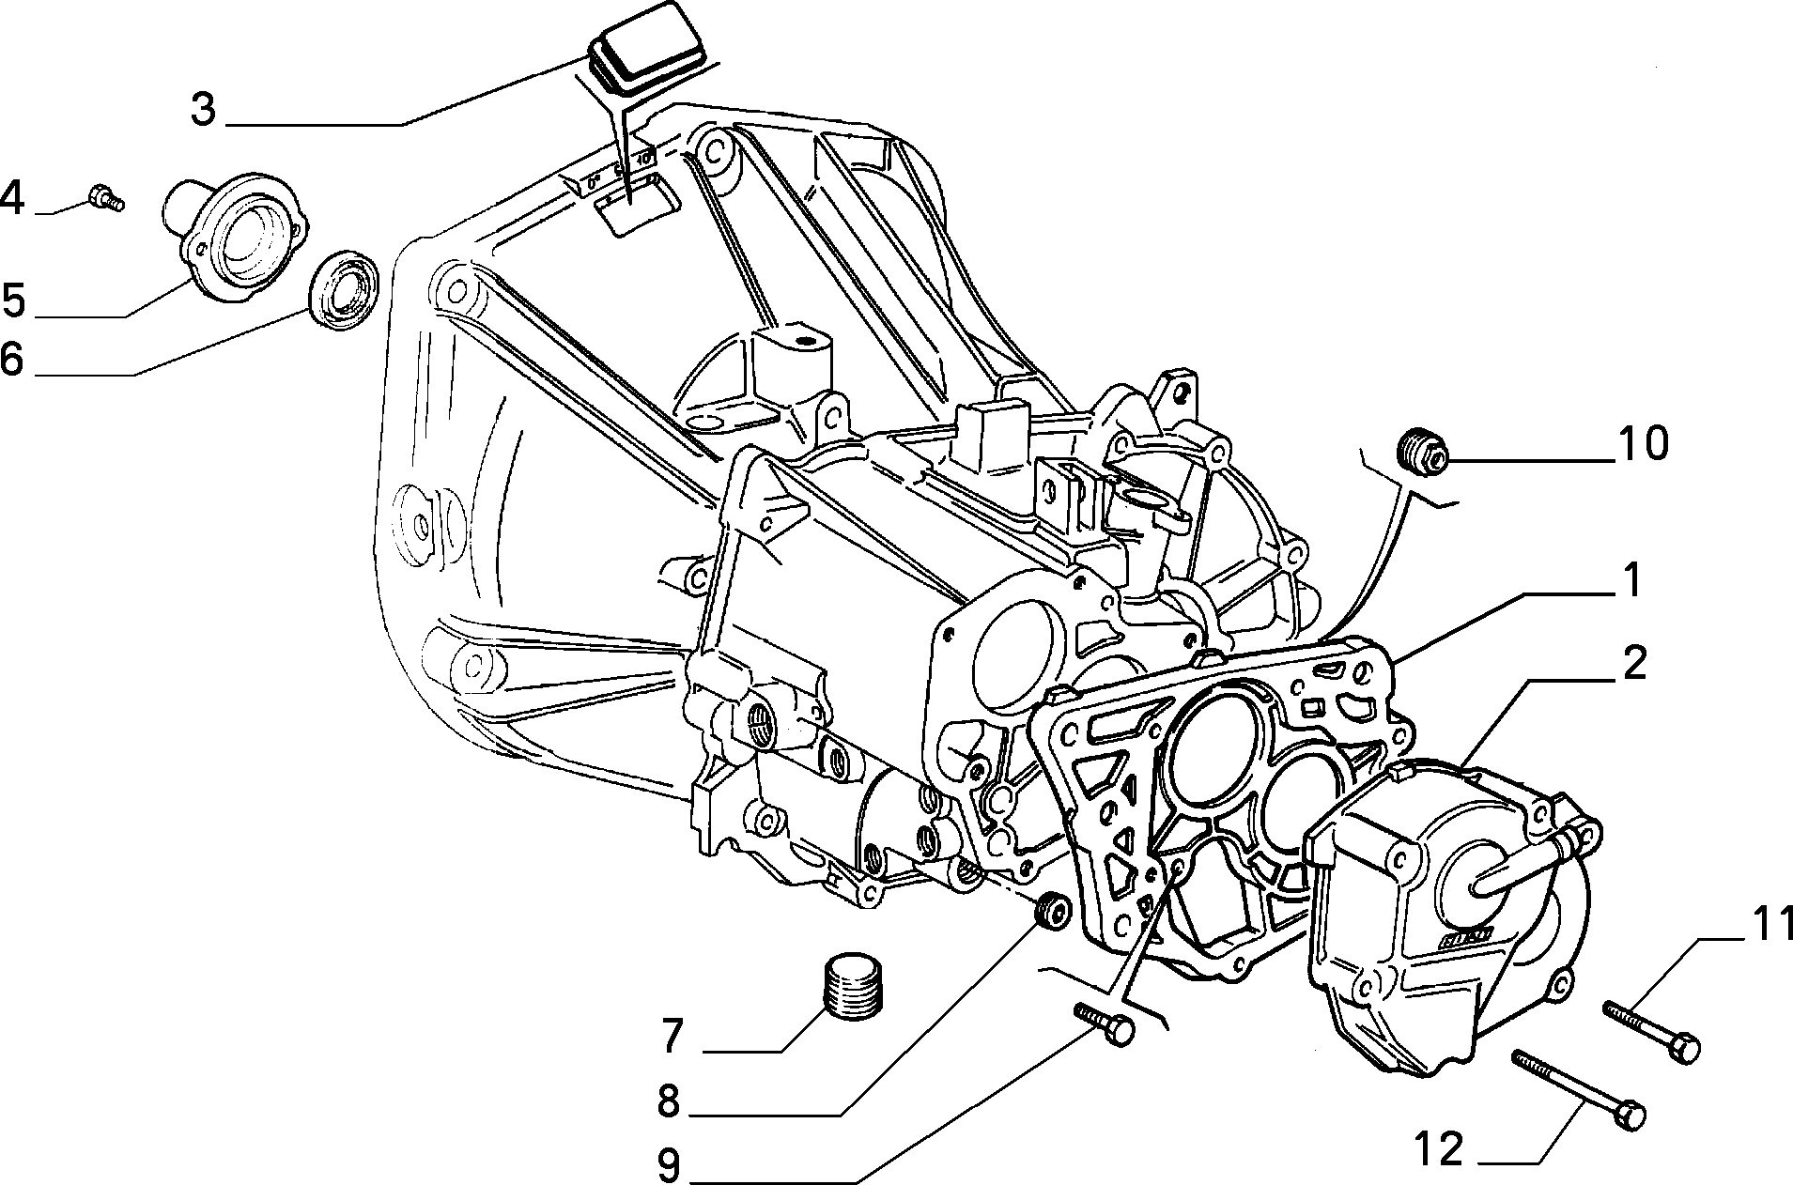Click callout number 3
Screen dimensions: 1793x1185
(x=204, y=111)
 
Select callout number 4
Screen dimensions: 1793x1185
(x=12, y=198)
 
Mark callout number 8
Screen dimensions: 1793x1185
(x=668, y=1101)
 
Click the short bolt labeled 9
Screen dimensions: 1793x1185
(x=1105, y=1023)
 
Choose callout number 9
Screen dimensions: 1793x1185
(x=668, y=1165)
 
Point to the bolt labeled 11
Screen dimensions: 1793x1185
(x=1651, y=1033)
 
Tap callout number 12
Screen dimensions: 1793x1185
(x=1438, y=1148)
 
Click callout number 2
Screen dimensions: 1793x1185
(x=1633, y=663)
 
